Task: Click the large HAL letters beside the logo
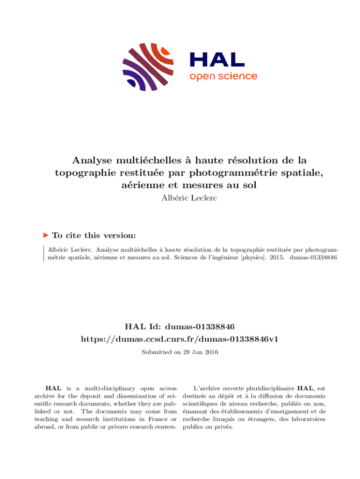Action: coord(217,59)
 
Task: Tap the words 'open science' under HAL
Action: coord(223,76)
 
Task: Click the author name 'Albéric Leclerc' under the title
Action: coord(180,198)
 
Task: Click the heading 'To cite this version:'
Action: coord(94,235)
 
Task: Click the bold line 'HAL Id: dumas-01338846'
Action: coord(180,326)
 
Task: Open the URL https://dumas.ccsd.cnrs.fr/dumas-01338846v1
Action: coord(180,338)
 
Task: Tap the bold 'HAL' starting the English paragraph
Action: coord(52,388)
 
